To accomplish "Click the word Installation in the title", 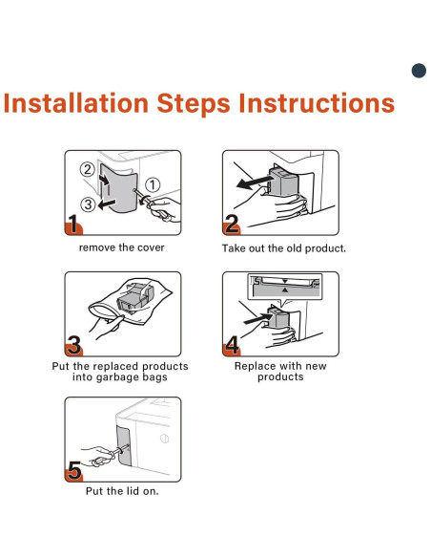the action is point(75,103).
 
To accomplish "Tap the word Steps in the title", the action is point(194,104).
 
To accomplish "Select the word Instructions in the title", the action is point(317,103).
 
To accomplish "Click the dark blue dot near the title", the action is point(419,71).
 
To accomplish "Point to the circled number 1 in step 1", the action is point(153,184).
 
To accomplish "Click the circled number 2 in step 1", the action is point(87,169).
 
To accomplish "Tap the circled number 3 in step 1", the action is point(88,204).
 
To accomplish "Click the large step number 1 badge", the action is point(73,224).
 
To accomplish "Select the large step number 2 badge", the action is point(232,224).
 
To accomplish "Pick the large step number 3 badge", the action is point(73,345).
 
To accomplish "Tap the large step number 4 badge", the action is point(232,345).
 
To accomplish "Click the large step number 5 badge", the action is point(73,470).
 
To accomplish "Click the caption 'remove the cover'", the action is point(122,247).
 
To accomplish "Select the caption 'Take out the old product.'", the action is point(283,248).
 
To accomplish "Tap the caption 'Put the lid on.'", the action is point(122,491).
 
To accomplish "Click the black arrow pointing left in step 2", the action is point(255,182).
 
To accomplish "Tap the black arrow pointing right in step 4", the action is point(257,319).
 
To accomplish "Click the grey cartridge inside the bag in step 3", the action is point(135,297).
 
